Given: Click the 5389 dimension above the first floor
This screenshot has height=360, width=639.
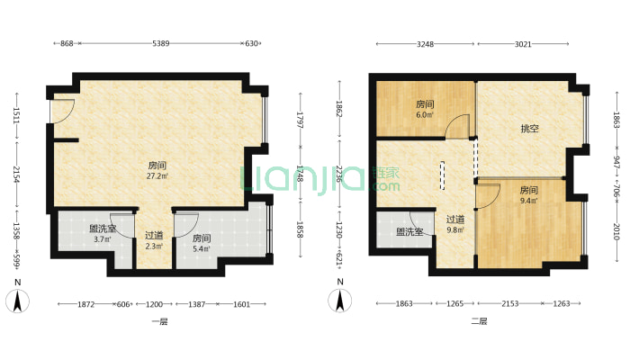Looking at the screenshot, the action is [160, 43].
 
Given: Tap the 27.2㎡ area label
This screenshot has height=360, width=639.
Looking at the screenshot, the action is [157, 176].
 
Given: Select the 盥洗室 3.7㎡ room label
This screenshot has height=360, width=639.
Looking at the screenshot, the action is [103, 234].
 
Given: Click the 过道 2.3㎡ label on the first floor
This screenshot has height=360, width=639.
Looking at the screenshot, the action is [154, 240].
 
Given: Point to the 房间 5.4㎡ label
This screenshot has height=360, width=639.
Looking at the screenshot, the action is [202, 243].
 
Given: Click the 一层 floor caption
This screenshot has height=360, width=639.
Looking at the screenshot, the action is [160, 321].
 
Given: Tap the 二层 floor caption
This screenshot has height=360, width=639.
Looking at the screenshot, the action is [479, 321].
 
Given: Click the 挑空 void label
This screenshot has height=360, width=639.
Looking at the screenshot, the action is [530, 129].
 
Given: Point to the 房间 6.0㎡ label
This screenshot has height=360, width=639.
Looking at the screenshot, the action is [425, 109].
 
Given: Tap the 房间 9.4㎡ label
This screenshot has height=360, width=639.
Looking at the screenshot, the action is [528, 195].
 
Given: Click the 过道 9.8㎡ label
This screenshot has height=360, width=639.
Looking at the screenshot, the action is [455, 224].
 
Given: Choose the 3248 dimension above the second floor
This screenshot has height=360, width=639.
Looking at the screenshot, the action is [425, 44].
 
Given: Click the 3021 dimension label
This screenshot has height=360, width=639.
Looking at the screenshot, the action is [523, 44].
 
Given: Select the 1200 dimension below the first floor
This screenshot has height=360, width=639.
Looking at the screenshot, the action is [154, 304].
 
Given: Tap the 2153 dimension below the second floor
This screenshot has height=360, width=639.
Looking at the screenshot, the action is [509, 303].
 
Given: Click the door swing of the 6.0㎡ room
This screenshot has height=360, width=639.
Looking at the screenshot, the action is [457, 127].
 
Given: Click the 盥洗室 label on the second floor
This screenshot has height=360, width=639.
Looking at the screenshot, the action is [409, 232].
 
